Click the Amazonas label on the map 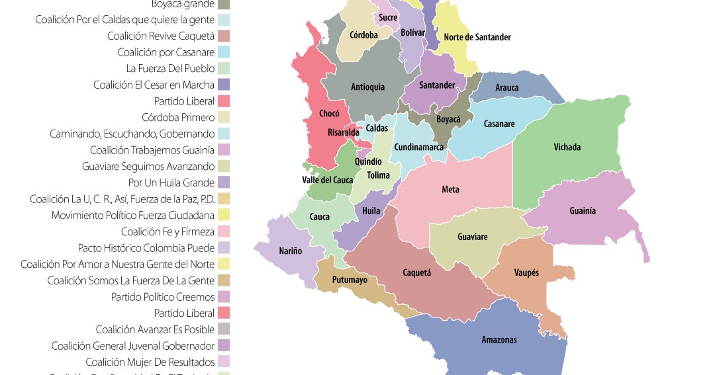499,340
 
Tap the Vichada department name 567,147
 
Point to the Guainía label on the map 583,211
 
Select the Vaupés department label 526,272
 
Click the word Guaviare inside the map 472,237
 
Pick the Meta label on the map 450,190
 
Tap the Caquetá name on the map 417,272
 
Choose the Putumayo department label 350,280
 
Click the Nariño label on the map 289,251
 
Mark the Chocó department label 329,113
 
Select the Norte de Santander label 477,37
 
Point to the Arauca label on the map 507,87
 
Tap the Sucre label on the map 388,18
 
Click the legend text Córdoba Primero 178,117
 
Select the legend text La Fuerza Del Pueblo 170,68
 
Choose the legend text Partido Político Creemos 163,297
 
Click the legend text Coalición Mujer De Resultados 150,362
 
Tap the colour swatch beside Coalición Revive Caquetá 224,36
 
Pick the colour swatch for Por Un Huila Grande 224,183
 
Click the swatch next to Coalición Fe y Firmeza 224,231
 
